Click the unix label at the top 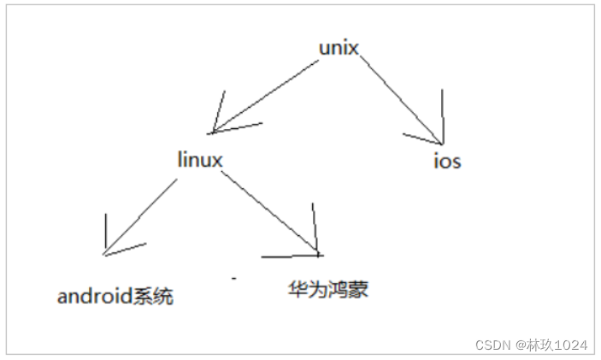point(338,48)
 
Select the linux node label point(199,160)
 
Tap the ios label point(447,160)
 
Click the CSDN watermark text point(492,345)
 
